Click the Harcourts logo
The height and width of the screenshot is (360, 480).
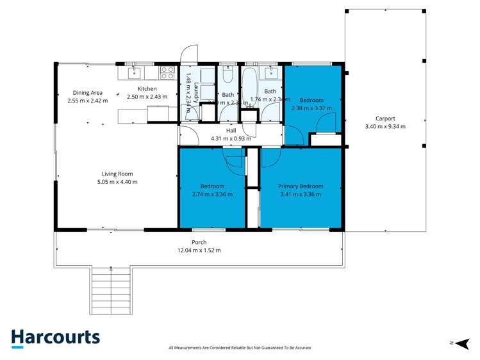55,338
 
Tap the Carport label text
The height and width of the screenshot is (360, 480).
385,119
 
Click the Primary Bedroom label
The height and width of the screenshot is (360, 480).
301,186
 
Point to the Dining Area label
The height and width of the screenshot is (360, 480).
87,93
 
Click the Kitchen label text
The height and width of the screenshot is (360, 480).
147,89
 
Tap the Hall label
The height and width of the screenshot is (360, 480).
231,130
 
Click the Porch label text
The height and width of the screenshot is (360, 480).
199,242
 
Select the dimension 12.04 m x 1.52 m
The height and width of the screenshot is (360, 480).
199,250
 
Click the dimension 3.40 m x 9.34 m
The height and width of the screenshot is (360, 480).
385,127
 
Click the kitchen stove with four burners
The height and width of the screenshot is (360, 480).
167,72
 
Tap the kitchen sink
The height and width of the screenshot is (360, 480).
133,72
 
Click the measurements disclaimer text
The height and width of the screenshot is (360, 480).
240,348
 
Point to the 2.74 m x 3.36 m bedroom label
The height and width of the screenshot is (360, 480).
212,190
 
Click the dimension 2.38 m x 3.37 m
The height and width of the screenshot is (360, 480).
311,108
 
